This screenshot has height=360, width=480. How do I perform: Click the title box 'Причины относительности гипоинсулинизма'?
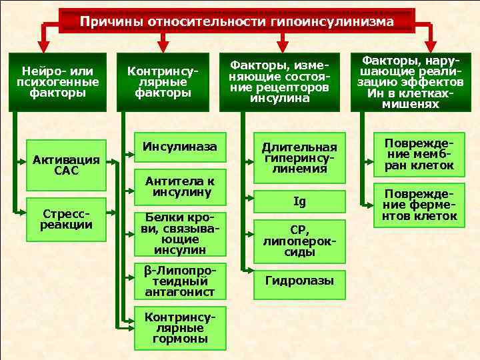click(x=237, y=22)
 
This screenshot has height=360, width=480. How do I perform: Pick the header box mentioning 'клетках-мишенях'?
click(x=409, y=81)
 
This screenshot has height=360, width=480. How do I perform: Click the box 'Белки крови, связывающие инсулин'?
click(x=180, y=234)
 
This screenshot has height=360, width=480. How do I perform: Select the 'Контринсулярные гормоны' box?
click(x=179, y=328)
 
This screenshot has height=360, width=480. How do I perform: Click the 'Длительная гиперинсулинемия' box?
click(x=299, y=159)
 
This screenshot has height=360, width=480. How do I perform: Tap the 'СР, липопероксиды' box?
click(x=299, y=240)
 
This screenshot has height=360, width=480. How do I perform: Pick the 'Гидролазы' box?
click(x=299, y=281)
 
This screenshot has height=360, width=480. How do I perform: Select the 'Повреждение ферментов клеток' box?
click(x=419, y=205)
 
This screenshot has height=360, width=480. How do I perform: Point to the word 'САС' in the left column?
click(x=66, y=171)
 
